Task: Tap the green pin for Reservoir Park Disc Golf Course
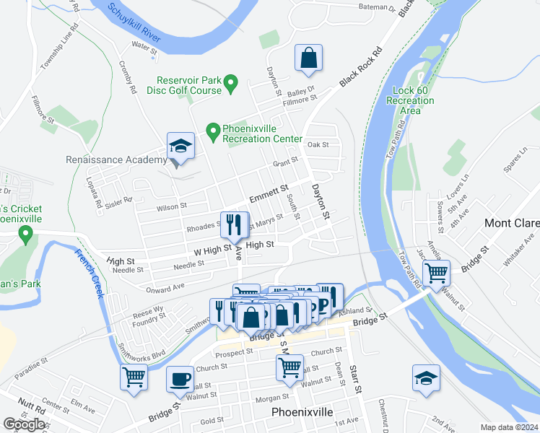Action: click(x=231, y=85)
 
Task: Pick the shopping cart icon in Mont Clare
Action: click(x=437, y=274)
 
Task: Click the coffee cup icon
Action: click(x=180, y=379)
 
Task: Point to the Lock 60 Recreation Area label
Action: click(x=410, y=100)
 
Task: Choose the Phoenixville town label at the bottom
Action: click(x=302, y=412)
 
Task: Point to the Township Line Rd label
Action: click(x=56, y=50)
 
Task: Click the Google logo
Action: click(x=24, y=424)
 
